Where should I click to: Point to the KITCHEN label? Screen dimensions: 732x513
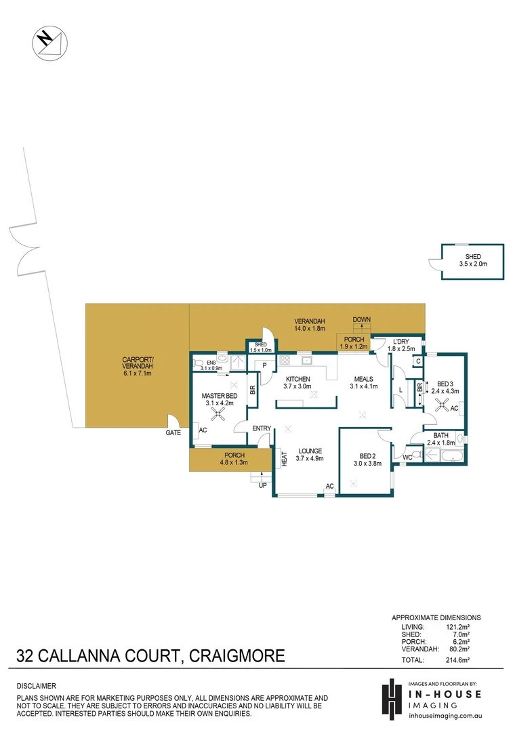[x=298, y=379]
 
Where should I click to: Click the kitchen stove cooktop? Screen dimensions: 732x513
[x=285, y=360]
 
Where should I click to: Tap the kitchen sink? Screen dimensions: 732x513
[x=307, y=359]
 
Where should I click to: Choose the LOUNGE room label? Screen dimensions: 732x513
[x=309, y=451]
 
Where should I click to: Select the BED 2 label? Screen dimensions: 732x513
[x=367, y=456]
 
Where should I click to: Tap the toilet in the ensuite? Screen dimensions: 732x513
[x=199, y=363]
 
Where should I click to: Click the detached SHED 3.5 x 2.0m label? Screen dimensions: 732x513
[x=472, y=260]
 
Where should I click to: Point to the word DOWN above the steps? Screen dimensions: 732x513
[x=361, y=319]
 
